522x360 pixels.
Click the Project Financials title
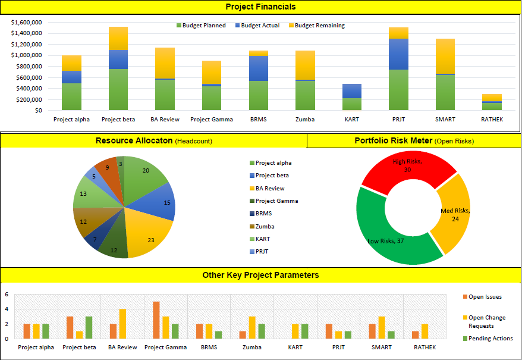(260, 7)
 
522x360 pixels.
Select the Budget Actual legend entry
(257, 26)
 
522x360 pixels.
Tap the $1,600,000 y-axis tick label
(26, 22)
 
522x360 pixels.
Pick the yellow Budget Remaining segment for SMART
(445, 56)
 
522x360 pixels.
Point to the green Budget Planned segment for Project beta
(118, 89)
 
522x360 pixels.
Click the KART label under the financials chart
(351, 120)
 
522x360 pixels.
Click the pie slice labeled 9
(107, 169)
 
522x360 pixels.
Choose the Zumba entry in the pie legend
(265, 227)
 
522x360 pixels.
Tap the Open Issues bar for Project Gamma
(156, 320)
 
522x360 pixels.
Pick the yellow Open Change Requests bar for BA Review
(122, 324)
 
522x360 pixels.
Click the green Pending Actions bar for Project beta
(89, 327)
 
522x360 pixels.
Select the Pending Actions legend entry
(490, 339)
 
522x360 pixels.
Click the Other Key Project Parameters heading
(260, 275)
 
